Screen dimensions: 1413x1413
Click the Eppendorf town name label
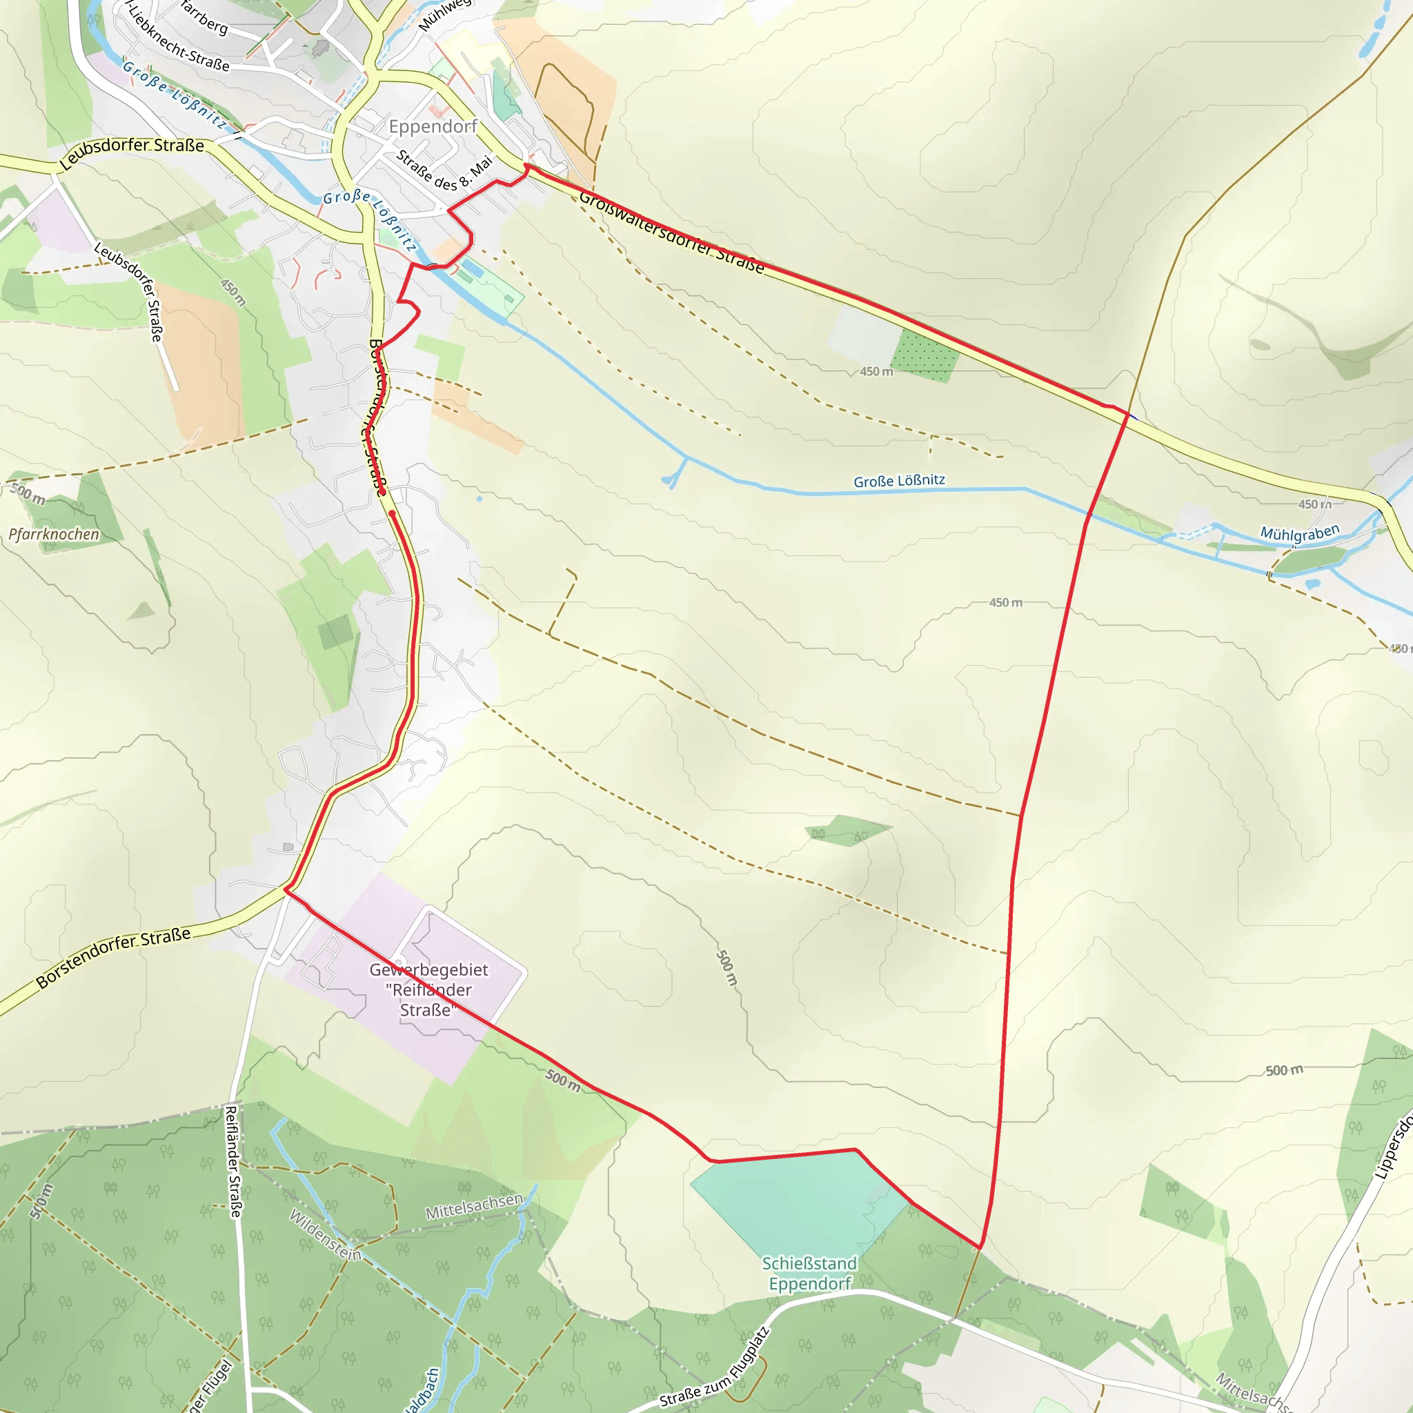coord(433,126)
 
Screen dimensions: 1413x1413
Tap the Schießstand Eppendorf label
coord(809,1274)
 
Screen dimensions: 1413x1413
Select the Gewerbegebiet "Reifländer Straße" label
coord(428,989)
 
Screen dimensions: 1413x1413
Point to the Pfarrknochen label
coord(54,534)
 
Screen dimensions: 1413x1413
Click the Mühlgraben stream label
coord(1300,533)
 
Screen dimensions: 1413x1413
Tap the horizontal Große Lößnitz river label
coord(899,480)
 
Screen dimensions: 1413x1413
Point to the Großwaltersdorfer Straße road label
coord(671,232)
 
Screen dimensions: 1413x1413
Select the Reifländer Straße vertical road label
coord(232,1161)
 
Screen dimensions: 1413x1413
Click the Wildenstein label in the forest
coord(326,1234)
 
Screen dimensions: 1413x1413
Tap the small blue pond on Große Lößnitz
coord(668,480)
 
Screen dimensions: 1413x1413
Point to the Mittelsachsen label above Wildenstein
coord(474,1206)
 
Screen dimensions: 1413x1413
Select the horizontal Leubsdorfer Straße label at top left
coord(132,151)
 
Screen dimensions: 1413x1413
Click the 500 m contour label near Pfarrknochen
coord(28,494)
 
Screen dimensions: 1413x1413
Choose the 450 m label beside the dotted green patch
coord(876,372)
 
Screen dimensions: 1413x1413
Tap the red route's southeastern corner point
coord(980,1247)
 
